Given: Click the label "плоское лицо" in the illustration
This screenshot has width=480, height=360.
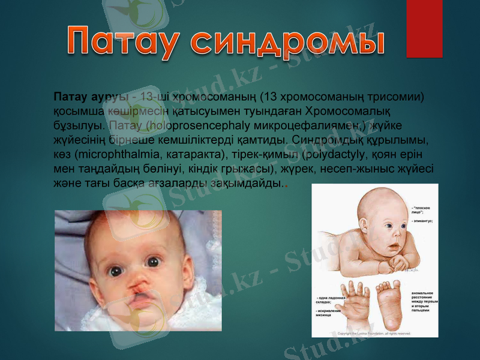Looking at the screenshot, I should point(424,209).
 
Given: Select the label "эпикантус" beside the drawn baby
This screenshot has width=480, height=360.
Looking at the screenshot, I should point(423,221).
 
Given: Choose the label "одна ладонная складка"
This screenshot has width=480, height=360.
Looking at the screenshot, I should point(331,299).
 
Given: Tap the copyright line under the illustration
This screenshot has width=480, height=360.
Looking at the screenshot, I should point(374,333).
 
